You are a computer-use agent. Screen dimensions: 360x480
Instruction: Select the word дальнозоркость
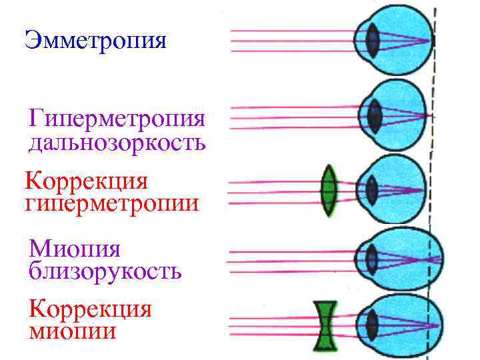point(117,143)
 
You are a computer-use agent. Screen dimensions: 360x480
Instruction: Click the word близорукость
point(105,271)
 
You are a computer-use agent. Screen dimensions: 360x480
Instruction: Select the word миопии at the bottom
point(73,331)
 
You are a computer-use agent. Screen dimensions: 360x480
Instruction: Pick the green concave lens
point(325,325)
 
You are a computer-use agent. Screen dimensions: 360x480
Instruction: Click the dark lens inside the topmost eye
point(374,41)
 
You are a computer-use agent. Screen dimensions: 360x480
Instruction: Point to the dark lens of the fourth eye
point(372,257)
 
